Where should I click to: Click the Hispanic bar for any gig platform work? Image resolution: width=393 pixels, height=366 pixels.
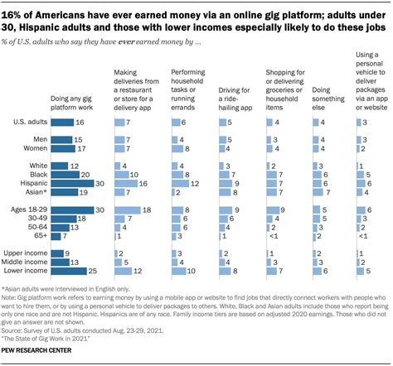pos(70,184)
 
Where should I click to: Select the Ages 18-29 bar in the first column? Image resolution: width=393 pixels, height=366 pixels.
pos(70,210)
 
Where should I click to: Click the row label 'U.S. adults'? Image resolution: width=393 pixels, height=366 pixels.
pos(31,121)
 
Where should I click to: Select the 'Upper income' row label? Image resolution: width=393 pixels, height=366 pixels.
pos(25,252)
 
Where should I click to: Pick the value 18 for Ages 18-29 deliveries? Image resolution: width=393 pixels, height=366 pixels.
pos(144,210)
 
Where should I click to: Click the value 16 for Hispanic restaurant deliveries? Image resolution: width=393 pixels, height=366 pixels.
pos(143,184)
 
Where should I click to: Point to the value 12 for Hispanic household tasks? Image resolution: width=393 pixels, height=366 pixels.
pos(196,184)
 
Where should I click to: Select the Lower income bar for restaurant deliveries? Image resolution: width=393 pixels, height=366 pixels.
pos(123,270)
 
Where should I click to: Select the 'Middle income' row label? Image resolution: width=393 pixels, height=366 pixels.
pos(25,261)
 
